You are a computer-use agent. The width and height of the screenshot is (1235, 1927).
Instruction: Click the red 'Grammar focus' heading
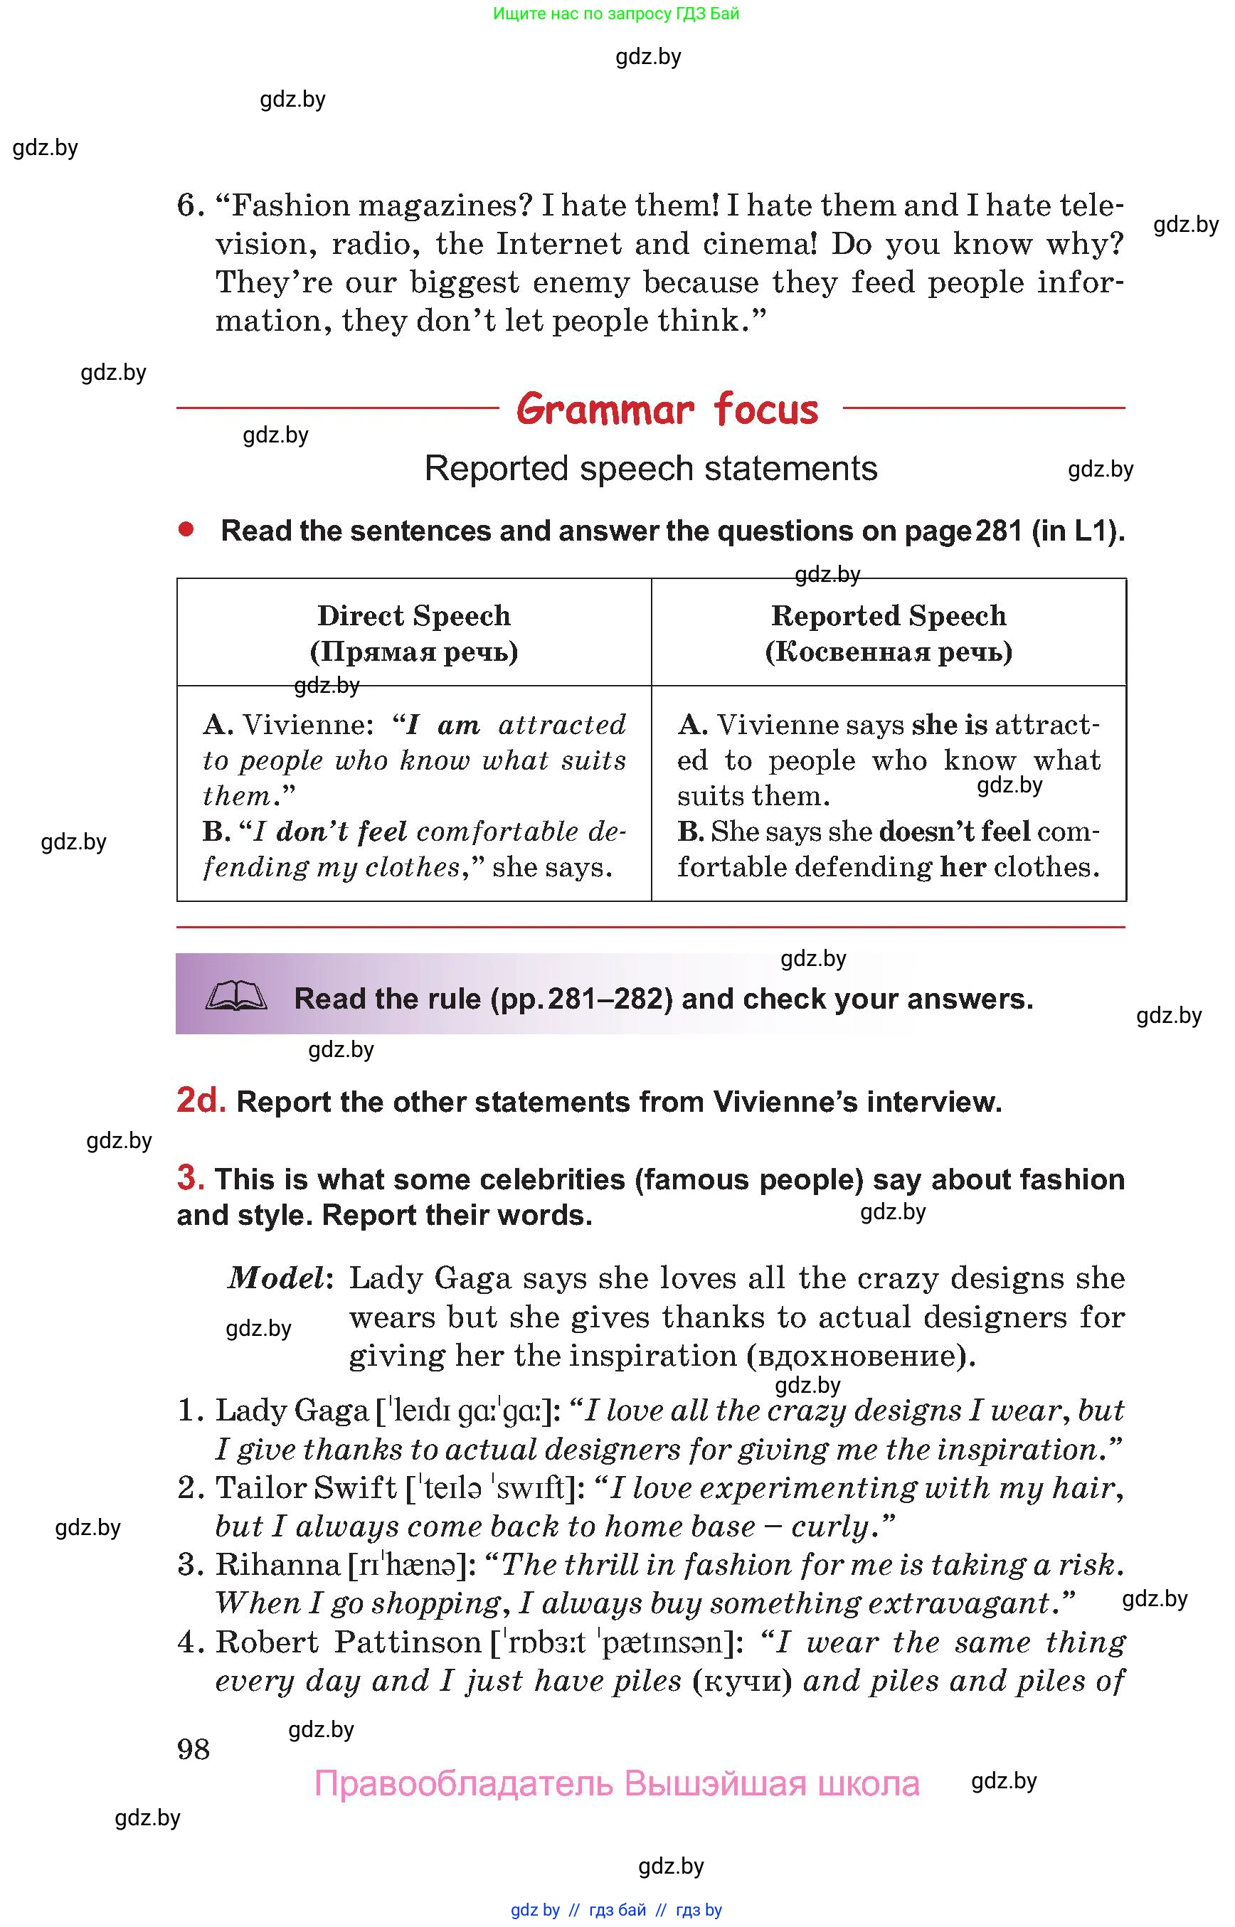click(x=667, y=409)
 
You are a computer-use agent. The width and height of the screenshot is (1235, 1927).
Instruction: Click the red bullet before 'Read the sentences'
click(x=186, y=529)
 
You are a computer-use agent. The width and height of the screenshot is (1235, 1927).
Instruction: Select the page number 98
click(x=194, y=1748)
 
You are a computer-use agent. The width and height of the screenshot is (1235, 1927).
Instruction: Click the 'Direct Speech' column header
click(x=414, y=616)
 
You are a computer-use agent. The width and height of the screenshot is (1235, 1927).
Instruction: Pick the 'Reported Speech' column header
click(x=889, y=616)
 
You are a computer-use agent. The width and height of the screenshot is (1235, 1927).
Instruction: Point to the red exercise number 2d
click(x=201, y=1100)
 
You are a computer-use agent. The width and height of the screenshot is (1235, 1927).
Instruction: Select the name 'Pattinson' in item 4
click(x=408, y=1642)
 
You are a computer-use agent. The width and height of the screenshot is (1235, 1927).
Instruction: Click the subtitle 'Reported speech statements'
click(x=650, y=468)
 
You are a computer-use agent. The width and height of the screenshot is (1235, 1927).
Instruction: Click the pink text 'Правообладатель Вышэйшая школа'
click(x=617, y=1784)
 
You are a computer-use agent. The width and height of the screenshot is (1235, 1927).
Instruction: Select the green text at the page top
click(x=616, y=14)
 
